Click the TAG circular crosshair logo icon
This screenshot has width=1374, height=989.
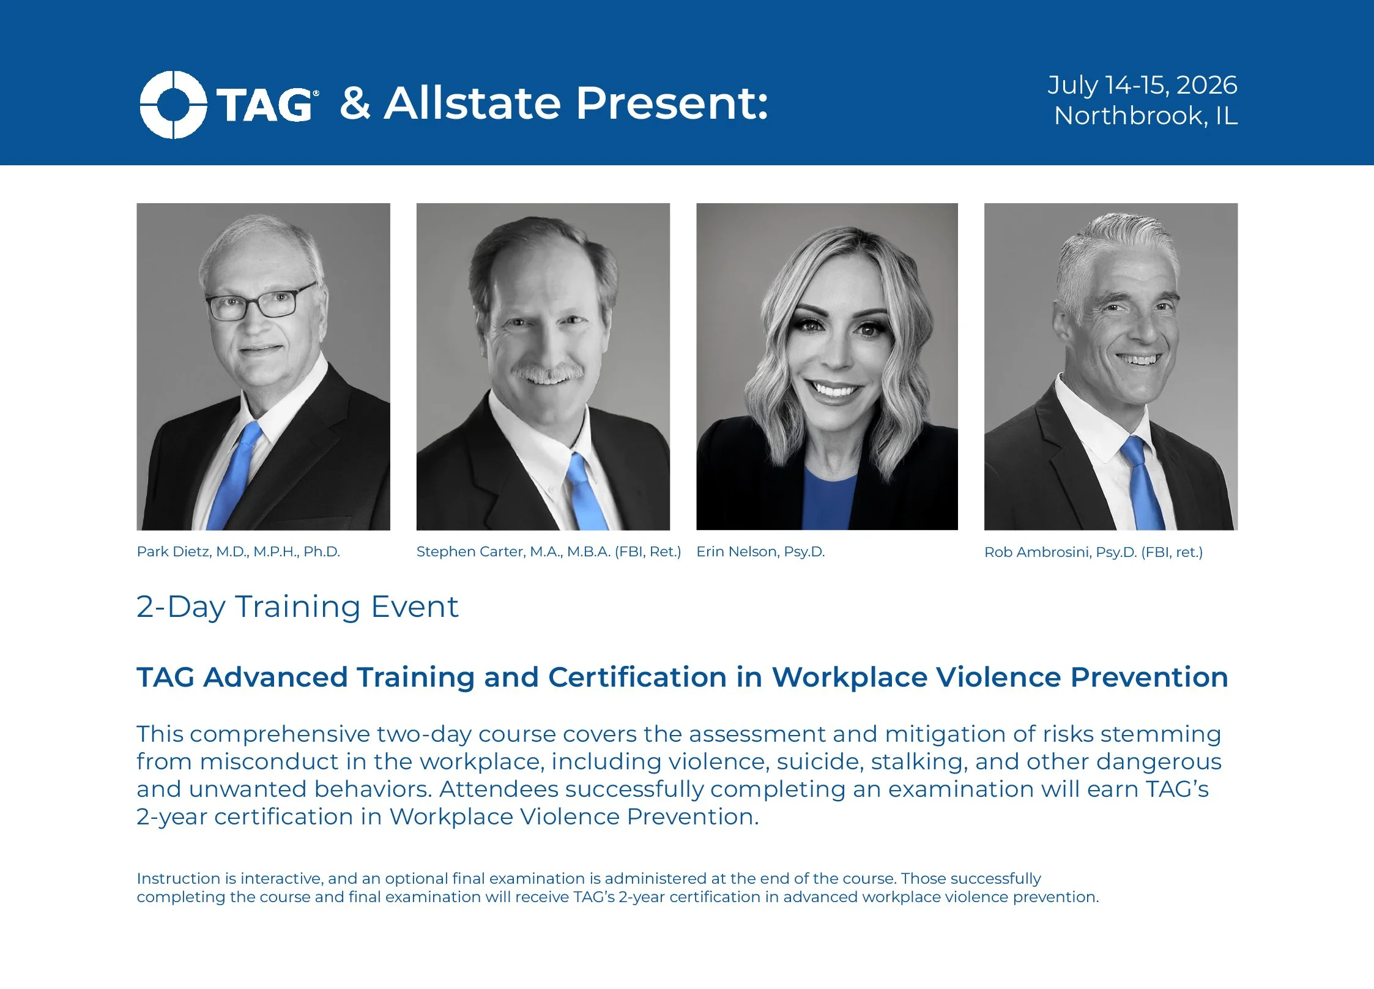pyautogui.click(x=173, y=105)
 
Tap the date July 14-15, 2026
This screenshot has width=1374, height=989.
pyautogui.click(x=1142, y=85)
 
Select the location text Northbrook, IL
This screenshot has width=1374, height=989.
pyautogui.click(x=1145, y=116)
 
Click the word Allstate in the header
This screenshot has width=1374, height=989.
pyautogui.click(x=472, y=103)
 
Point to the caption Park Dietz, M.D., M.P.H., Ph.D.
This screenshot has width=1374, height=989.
pyautogui.click(x=238, y=551)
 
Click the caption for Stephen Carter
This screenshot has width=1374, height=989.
pyautogui.click(x=548, y=551)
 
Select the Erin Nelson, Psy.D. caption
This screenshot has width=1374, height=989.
pyautogui.click(x=760, y=551)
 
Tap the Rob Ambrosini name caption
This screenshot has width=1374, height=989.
pyautogui.click(x=1093, y=552)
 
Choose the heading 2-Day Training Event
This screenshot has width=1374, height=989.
pyautogui.click(x=297, y=606)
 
